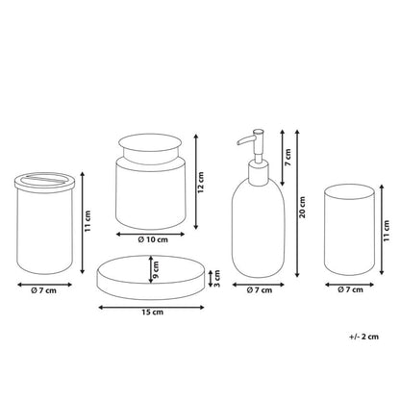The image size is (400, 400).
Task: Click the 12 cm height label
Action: point(201,183)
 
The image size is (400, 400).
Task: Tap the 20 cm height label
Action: point(302,208)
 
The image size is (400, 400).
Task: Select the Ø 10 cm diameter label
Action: point(153,239)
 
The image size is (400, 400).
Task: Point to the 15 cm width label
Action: point(153,312)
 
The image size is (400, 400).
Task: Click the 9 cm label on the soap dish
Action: point(156,269)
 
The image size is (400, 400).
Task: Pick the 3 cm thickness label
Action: point(216,279)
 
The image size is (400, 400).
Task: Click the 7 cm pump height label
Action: point(287,157)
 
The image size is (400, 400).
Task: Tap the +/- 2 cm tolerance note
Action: point(363,337)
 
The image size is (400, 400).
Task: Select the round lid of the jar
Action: point(150,144)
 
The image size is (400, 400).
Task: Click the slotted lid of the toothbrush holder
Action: point(45,181)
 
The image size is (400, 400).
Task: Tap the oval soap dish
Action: point(151,278)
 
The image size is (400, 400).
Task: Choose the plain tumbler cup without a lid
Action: point(349,230)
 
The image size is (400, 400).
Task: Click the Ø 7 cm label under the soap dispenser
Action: point(260,290)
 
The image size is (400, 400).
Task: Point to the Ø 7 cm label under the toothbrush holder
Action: point(43,290)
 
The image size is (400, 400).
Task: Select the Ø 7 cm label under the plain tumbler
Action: point(350,289)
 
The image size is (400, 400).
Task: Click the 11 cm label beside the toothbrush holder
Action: point(87,221)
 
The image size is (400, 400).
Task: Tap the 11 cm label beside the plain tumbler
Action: point(387,231)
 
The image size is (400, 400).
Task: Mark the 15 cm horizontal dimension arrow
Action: point(151,308)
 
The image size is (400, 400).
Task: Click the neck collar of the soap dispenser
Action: point(259,173)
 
